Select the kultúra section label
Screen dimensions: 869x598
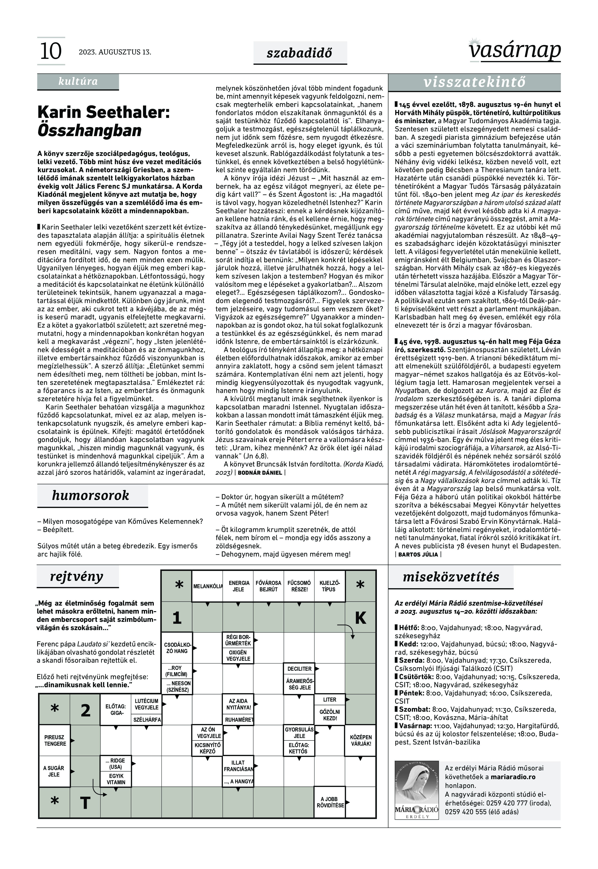coord(78,81)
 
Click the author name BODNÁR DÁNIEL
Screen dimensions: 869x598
coord(260,473)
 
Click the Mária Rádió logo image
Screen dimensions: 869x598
coord(417,787)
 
